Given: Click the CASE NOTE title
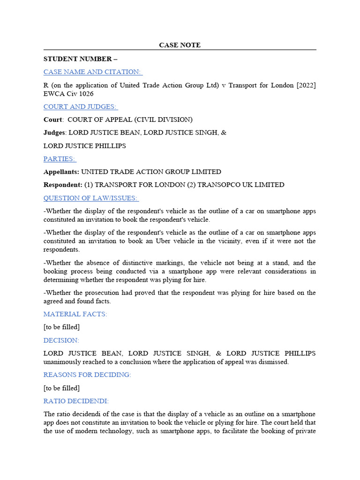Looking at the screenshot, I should [180, 45].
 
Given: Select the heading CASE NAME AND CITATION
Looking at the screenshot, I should [93, 72].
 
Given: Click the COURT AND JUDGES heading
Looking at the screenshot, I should [81, 106].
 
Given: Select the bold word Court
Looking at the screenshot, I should [52, 120].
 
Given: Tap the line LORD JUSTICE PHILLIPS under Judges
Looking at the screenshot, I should [85, 146].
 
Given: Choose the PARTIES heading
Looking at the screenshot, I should [60, 159].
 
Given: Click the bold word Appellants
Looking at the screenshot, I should [61, 172].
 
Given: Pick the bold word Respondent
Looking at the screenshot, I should [63, 185].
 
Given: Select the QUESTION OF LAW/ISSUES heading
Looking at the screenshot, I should [91, 198].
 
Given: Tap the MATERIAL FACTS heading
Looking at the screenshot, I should [75, 314].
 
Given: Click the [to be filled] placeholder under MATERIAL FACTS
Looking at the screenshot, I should [61, 327].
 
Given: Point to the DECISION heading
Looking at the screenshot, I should [61, 340].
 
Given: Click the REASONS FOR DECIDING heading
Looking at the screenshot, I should [87, 375].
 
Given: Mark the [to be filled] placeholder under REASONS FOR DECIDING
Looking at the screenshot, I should [61, 388].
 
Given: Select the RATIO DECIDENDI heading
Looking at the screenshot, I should [76, 401].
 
